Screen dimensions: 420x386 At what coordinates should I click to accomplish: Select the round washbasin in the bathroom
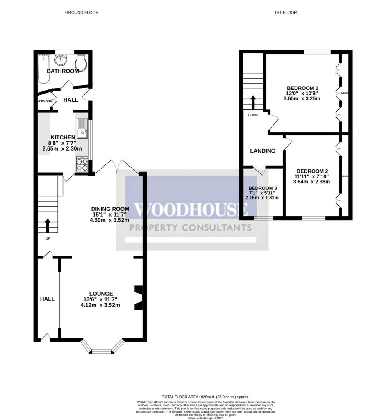(61, 60)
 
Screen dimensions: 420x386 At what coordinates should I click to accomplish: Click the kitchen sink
(82, 128)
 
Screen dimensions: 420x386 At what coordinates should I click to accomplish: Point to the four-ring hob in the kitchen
(82, 164)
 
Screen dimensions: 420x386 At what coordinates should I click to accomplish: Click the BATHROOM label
(63, 71)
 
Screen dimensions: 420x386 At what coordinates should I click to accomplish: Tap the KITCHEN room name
(63, 137)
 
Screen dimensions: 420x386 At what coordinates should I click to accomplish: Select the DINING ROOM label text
(110, 208)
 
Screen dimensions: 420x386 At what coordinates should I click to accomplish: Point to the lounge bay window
(102, 350)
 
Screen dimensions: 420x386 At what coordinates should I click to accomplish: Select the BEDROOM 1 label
(302, 88)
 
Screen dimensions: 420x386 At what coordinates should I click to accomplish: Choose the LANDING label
(263, 151)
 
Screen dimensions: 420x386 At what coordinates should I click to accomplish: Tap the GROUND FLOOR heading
(82, 13)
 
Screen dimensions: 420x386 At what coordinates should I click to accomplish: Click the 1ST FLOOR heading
(286, 13)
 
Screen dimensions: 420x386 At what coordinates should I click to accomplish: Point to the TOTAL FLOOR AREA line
(205, 397)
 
